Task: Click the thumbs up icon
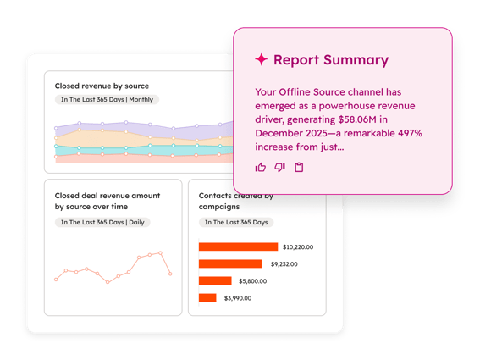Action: (261, 168)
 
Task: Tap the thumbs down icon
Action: (279, 168)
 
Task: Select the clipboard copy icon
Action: (299, 168)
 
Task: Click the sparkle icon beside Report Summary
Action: (262, 59)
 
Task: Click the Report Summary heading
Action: (331, 60)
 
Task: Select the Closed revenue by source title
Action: (102, 86)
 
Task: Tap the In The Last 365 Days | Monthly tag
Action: (107, 100)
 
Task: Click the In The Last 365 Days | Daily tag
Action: (102, 222)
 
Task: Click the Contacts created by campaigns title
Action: (236, 201)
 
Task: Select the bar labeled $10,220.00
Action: (238, 246)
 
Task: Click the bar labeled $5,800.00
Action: (215, 280)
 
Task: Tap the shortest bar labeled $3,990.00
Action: (207, 297)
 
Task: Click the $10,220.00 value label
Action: (298, 247)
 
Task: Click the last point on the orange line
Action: (171, 274)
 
